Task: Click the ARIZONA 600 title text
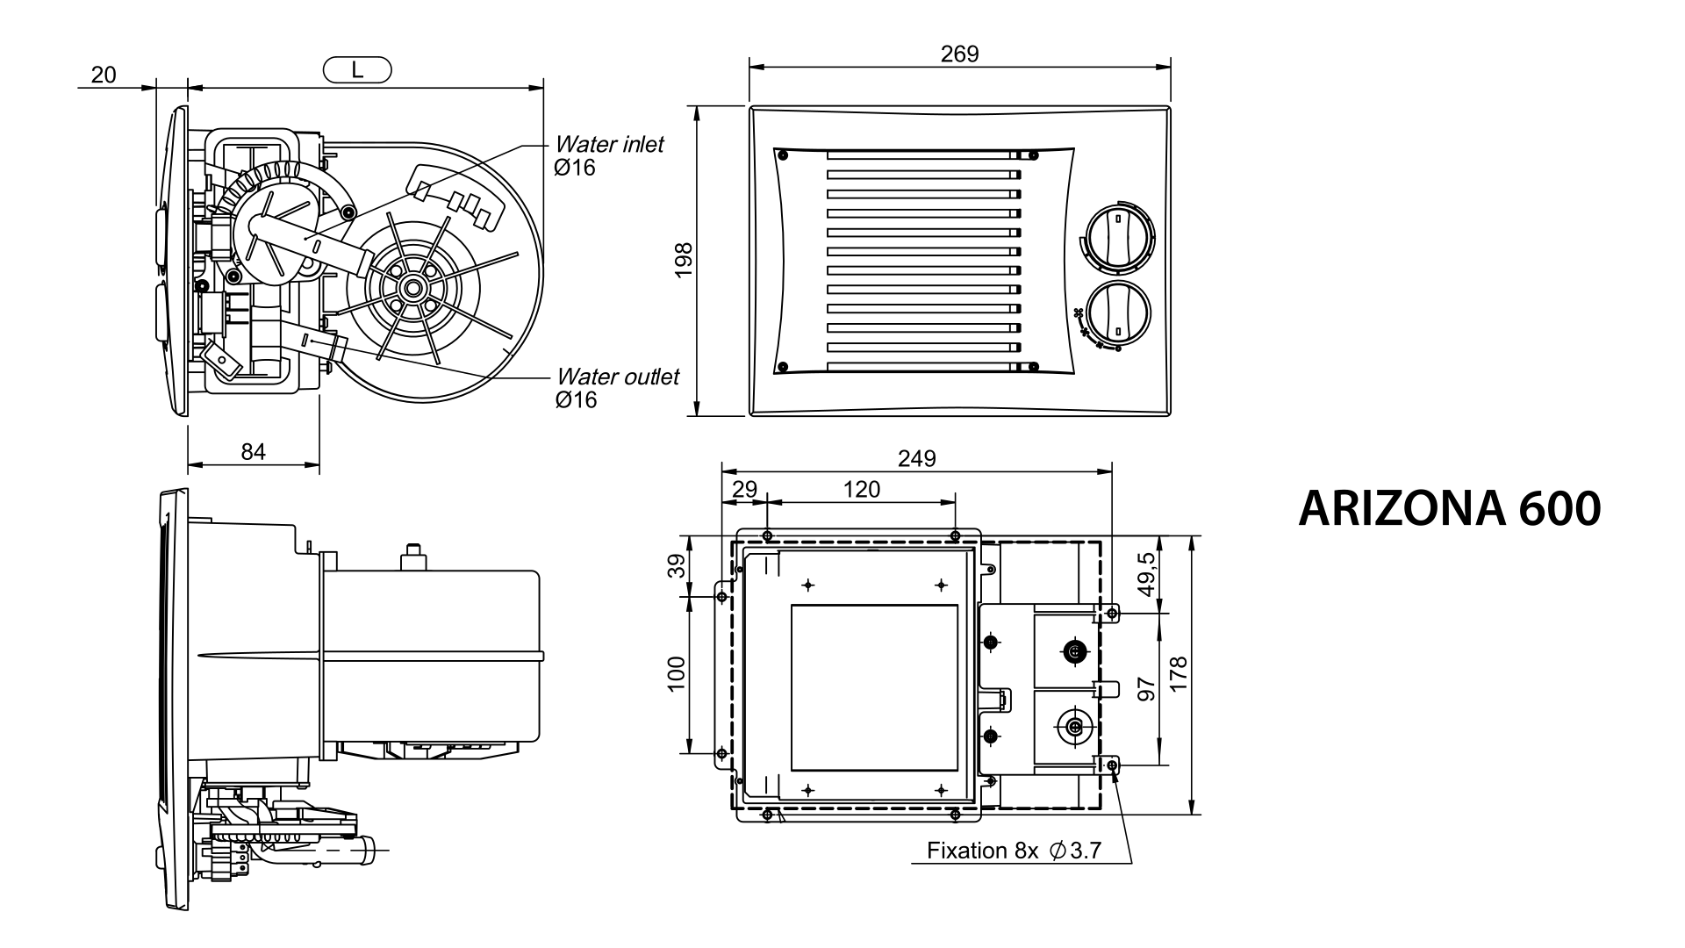[1449, 508]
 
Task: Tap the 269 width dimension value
[959, 54]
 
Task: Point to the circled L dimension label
[357, 70]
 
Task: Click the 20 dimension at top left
[104, 75]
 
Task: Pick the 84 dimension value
[253, 451]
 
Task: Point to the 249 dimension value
[916, 458]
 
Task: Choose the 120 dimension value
[861, 490]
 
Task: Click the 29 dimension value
[743, 490]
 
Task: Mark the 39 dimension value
[676, 565]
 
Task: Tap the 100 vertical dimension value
[676, 674]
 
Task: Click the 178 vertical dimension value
[1179, 674]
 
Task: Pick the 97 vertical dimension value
[1146, 688]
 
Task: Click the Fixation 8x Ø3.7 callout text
[1014, 851]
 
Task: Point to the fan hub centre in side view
[411, 287]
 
